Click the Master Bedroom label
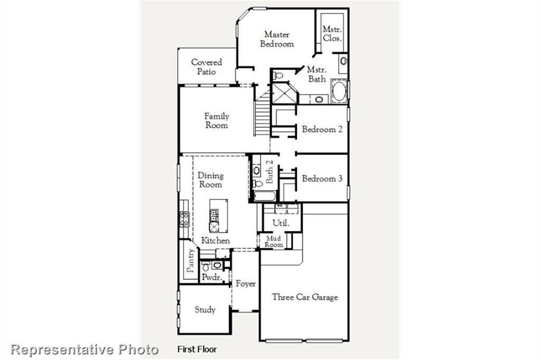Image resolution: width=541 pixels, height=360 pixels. click(x=277, y=40)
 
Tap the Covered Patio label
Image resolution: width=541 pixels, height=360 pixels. click(x=207, y=67)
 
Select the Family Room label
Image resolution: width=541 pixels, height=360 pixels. click(x=217, y=121)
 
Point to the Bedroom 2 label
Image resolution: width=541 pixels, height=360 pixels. click(x=322, y=129)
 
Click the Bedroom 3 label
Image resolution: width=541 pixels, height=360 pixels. click(x=322, y=179)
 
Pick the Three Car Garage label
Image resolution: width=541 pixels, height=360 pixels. click(x=305, y=297)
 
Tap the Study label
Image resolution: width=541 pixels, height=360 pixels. click(x=205, y=310)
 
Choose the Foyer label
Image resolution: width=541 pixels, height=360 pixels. click(x=246, y=284)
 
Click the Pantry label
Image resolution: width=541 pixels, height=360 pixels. click(x=191, y=261)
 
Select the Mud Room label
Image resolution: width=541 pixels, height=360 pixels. click(x=274, y=242)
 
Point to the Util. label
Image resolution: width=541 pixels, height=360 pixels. click(x=281, y=223)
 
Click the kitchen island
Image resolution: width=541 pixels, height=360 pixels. click(x=218, y=216)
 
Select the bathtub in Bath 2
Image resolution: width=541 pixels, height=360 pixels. click(x=264, y=196)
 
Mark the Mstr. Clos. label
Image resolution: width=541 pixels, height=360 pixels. click(x=332, y=34)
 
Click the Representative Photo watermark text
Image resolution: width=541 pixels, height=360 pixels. click(x=85, y=349)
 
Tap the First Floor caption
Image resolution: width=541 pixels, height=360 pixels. click(x=197, y=349)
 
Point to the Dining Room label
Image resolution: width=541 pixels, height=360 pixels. click(x=210, y=180)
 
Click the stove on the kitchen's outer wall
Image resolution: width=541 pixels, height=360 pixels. click(x=184, y=219)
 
